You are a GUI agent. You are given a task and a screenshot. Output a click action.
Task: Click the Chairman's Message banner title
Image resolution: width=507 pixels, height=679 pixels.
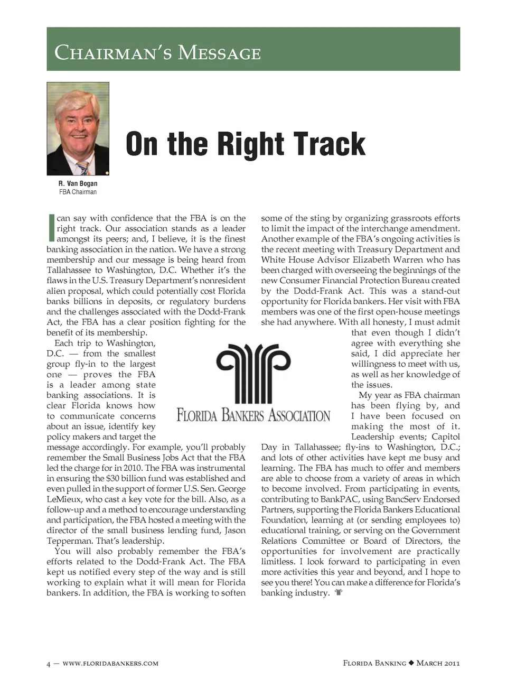tap(158, 53)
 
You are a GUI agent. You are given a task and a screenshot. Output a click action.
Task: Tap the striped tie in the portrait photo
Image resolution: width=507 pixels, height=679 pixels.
tap(82, 167)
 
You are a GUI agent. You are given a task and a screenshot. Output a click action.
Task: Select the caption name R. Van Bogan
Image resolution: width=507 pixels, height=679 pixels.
tap(78, 183)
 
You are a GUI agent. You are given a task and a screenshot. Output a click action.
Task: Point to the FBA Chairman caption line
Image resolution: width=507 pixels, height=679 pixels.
tap(78, 192)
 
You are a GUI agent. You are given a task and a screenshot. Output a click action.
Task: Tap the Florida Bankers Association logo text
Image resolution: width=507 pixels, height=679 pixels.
tap(253, 415)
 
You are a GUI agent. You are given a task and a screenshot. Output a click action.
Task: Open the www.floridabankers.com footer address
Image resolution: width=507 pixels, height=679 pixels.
tap(110, 664)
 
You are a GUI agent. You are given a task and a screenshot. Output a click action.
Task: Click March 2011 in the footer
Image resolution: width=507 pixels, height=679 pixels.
tap(438, 663)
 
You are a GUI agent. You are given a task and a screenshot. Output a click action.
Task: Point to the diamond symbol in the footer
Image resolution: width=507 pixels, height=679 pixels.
tap(411, 663)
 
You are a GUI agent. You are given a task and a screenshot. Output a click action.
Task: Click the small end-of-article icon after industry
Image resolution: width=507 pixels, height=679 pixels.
tap(339, 593)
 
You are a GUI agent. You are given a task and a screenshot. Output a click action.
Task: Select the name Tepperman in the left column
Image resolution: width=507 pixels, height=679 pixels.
tap(69, 541)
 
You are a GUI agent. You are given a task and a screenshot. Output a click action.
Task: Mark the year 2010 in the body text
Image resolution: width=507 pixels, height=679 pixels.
tap(132, 468)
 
